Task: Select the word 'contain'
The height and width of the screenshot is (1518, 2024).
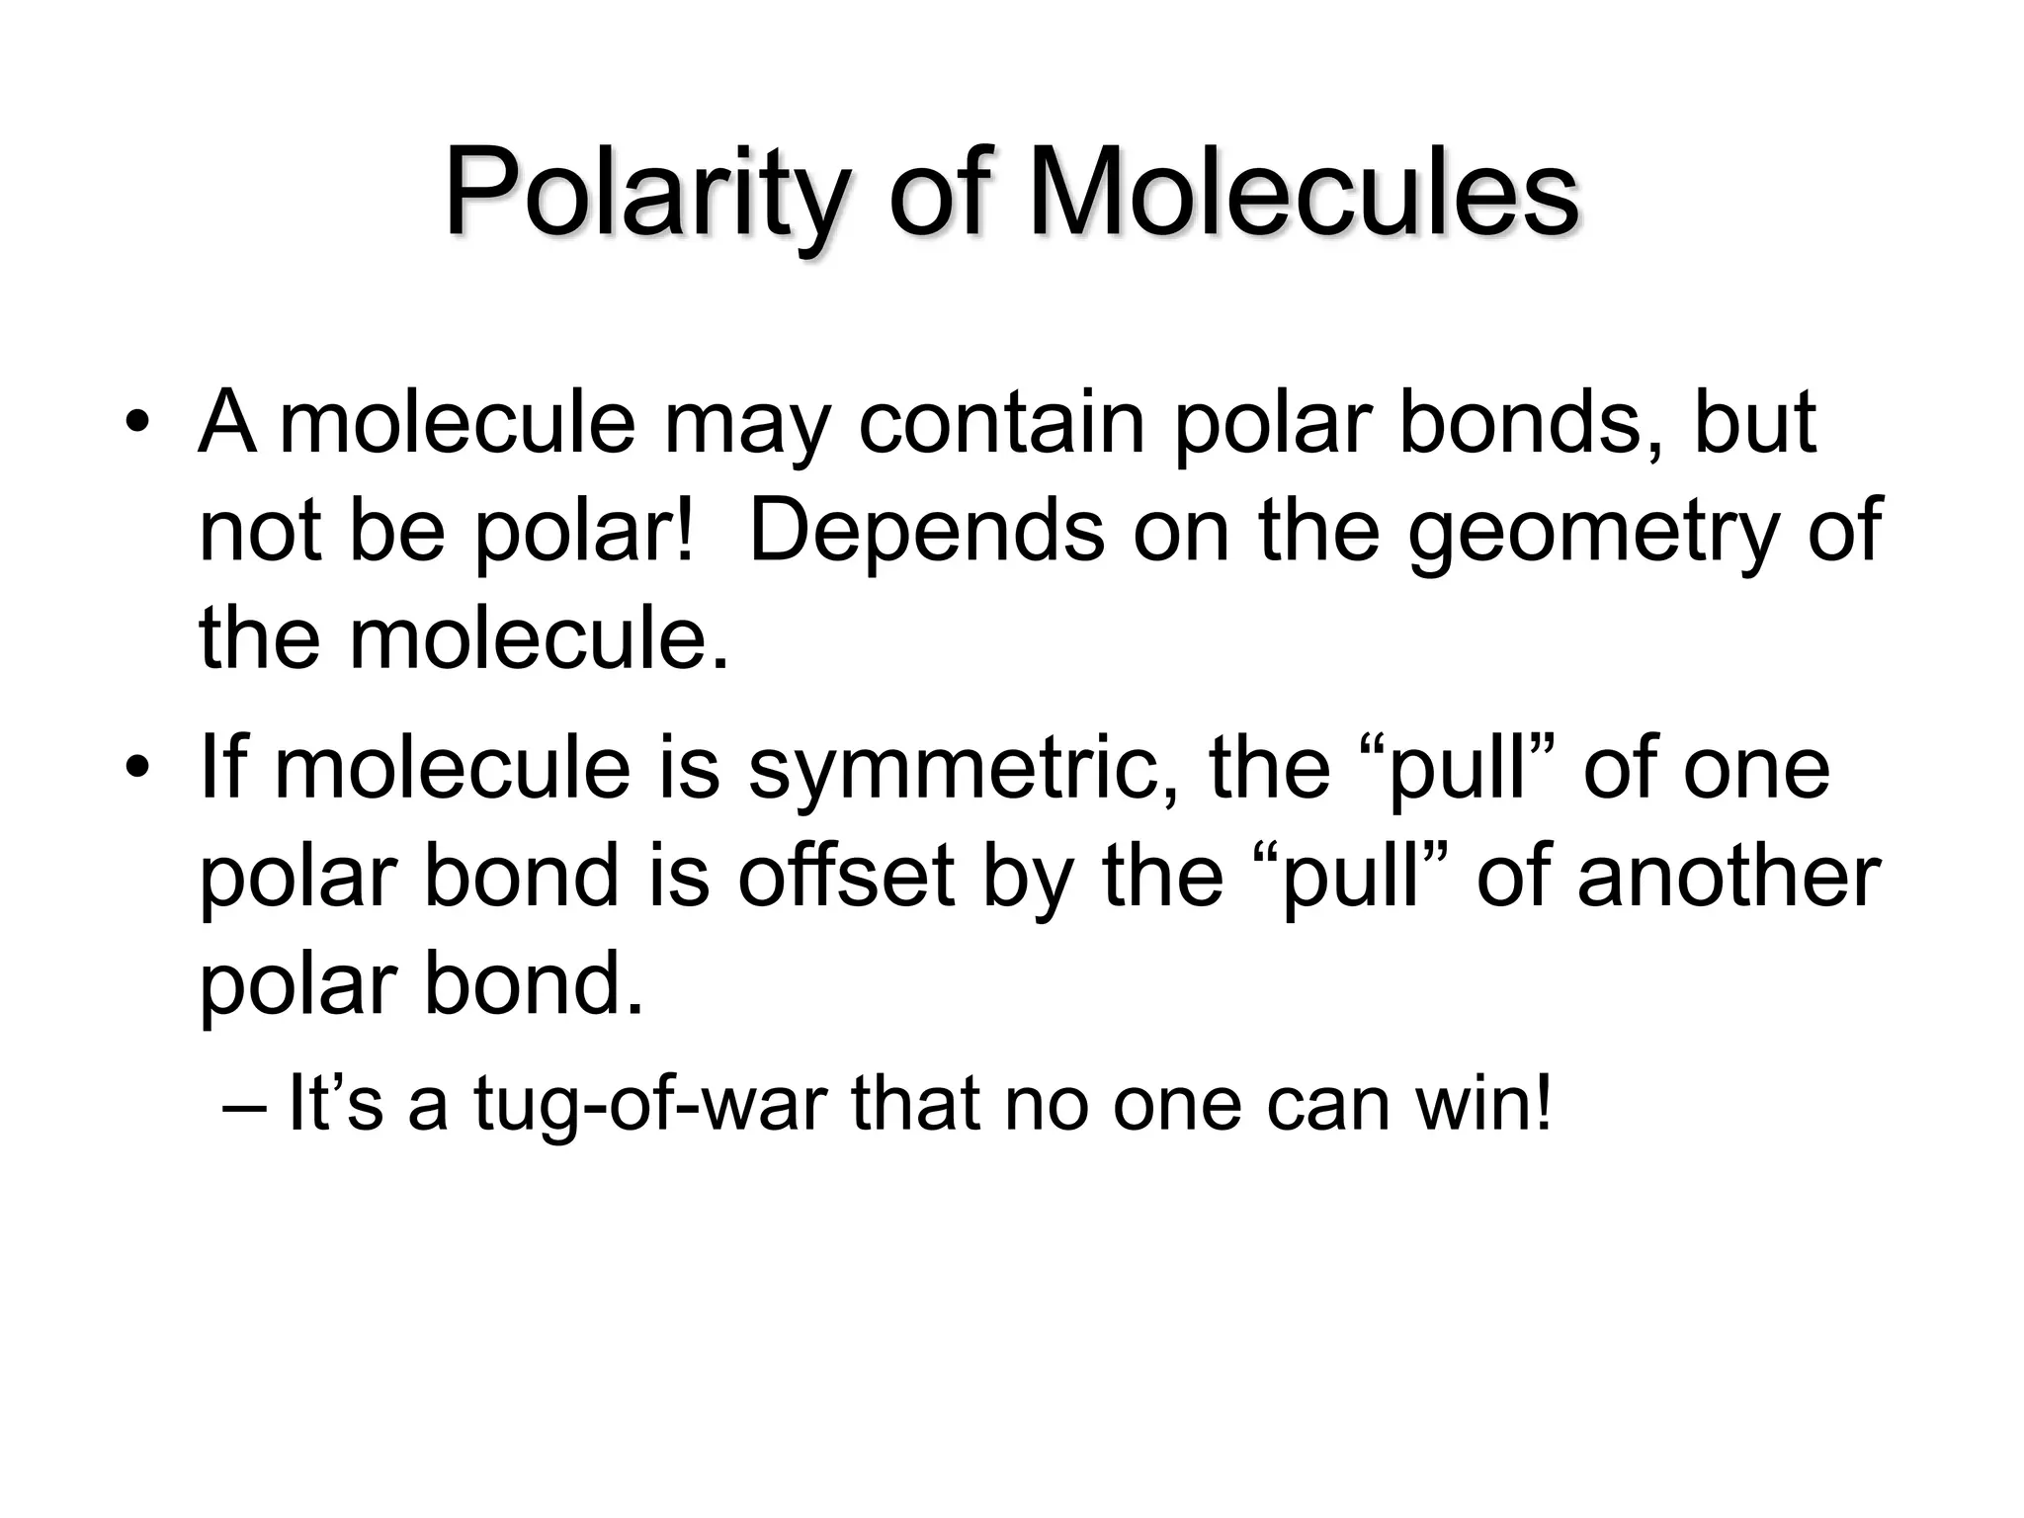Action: point(1000,423)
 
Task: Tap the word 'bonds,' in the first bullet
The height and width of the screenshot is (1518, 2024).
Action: point(1530,423)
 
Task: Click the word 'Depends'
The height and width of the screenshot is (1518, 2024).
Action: point(927,532)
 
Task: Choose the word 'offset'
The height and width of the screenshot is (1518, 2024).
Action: point(846,876)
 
